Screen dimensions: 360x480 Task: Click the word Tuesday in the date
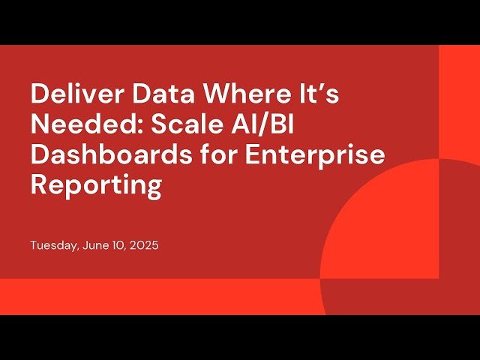pyautogui.click(x=53, y=246)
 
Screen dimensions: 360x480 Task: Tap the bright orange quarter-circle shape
pyautogui.click(x=375, y=225)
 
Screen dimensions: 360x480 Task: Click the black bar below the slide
pyautogui.click(x=240, y=337)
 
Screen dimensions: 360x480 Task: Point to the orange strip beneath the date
pyautogui.click(x=150, y=296)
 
